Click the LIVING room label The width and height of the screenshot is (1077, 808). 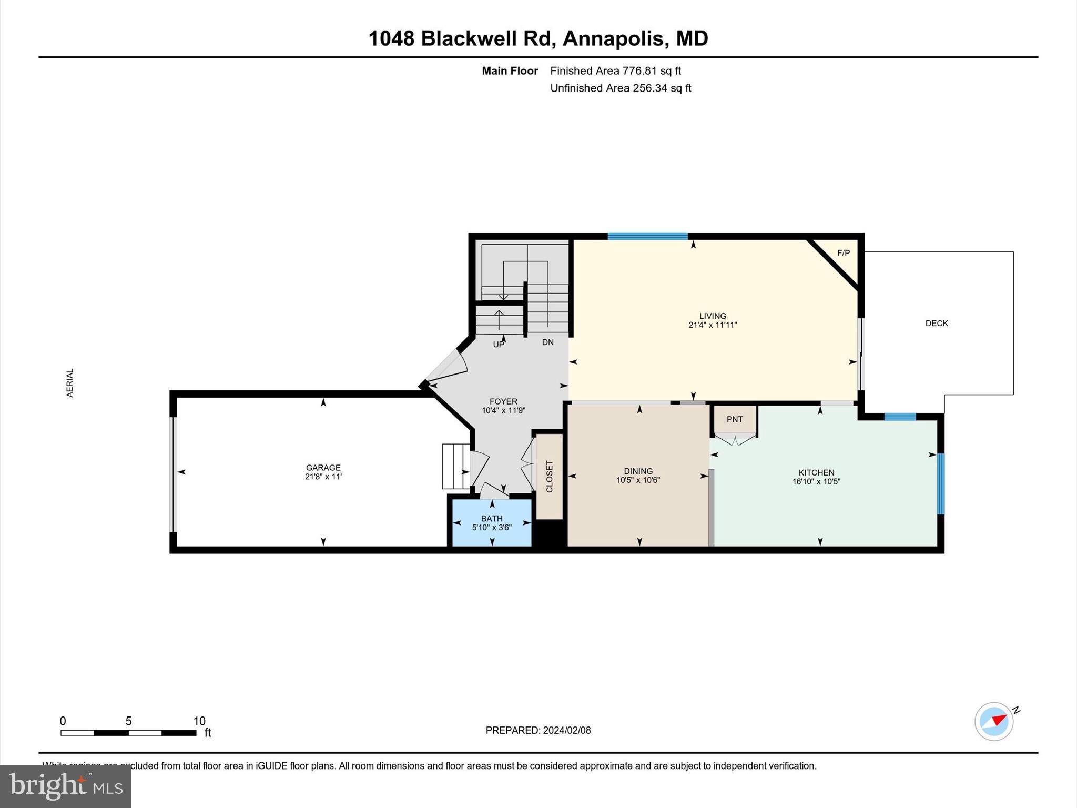(x=713, y=316)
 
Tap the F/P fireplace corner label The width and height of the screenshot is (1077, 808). (x=844, y=253)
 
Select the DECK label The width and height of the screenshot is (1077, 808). (x=937, y=324)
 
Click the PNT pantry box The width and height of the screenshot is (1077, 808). (x=735, y=419)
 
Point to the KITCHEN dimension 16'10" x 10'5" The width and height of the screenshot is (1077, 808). (x=816, y=481)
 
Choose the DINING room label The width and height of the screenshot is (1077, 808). (x=638, y=471)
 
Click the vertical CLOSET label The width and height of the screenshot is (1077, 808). (x=550, y=477)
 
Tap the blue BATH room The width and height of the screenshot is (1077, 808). (x=492, y=522)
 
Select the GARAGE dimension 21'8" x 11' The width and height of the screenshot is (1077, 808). (x=323, y=477)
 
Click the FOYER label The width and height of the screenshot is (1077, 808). (x=503, y=401)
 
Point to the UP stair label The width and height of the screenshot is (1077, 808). (x=499, y=345)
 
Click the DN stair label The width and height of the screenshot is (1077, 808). (x=548, y=342)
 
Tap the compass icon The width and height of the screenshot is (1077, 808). (x=994, y=721)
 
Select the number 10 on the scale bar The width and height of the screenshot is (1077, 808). (x=199, y=721)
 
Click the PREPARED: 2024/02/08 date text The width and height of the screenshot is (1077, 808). (x=538, y=730)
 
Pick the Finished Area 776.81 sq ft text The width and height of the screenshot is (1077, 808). (x=615, y=70)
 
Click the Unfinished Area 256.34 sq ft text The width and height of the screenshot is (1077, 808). (x=621, y=88)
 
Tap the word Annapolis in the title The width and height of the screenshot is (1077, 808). (x=613, y=38)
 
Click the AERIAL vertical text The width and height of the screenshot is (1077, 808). (x=70, y=383)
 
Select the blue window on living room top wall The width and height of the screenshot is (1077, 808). (x=647, y=236)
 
